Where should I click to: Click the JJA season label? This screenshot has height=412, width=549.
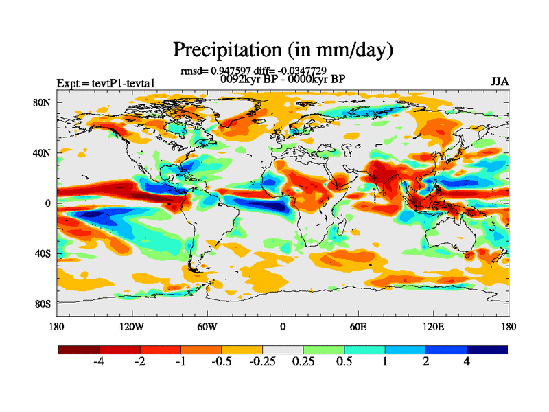(500, 82)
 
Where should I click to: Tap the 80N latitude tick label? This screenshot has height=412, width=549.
(43, 102)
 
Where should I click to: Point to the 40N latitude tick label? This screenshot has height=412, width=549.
(43, 153)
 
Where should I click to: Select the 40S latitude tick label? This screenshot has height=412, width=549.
(43, 254)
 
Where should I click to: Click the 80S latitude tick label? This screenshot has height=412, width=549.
(43, 304)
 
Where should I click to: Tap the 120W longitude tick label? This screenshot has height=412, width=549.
(131, 326)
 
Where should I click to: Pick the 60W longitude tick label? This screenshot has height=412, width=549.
(207, 326)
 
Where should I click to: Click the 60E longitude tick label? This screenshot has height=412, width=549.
(358, 326)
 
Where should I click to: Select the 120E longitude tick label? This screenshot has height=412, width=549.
(433, 326)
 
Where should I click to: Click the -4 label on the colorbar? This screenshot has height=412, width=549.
(98, 362)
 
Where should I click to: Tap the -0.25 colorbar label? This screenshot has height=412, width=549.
(261, 362)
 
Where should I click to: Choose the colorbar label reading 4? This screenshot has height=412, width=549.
(467, 362)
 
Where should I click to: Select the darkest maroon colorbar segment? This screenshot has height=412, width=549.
(79, 350)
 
